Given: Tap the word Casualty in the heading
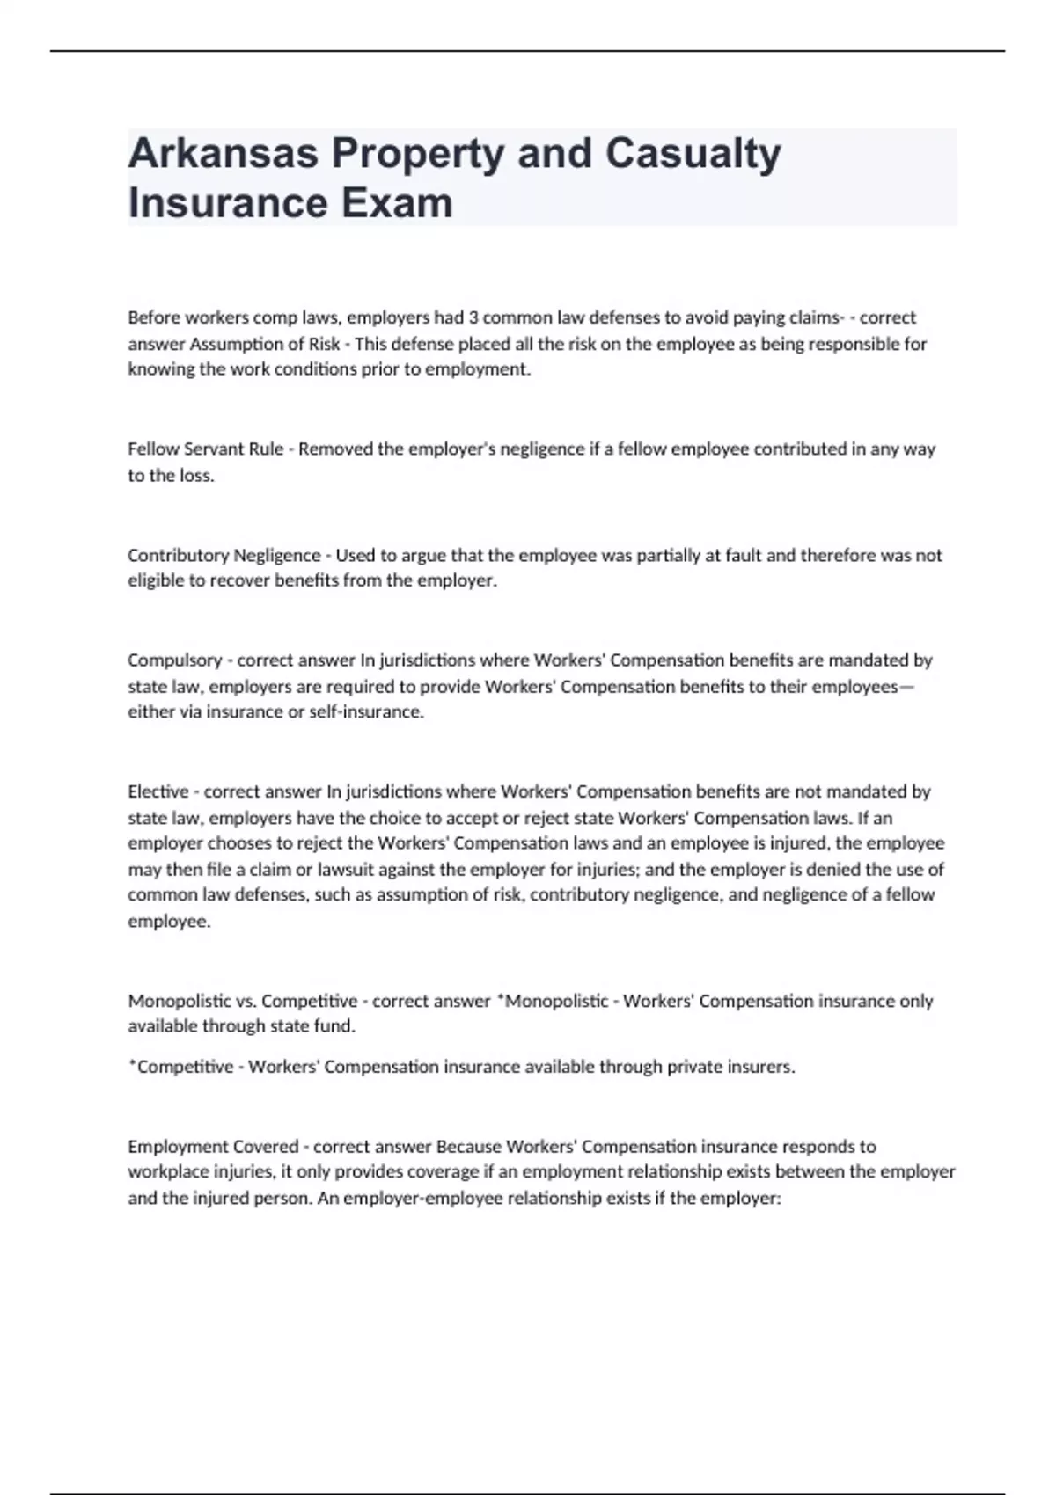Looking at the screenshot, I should tap(693, 155).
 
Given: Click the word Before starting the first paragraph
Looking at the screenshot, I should tap(154, 317).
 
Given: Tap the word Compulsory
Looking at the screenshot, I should tap(174, 660).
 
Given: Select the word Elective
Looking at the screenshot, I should tap(158, 791).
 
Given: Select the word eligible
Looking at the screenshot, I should tap(154, 581).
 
